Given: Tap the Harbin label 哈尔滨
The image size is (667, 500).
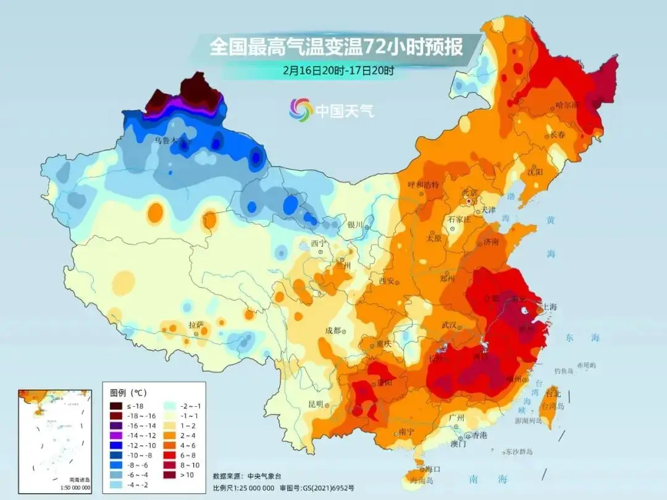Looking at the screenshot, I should (568, 105).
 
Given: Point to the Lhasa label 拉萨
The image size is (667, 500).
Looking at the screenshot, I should (196, 325).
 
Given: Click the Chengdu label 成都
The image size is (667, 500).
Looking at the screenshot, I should (333, 330).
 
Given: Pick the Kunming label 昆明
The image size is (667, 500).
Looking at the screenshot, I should (316, 404).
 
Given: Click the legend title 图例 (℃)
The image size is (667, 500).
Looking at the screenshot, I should (128, 393).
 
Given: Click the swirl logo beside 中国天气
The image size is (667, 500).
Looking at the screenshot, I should (301, 110).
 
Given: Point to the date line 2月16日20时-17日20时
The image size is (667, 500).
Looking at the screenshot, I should (338, 70).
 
